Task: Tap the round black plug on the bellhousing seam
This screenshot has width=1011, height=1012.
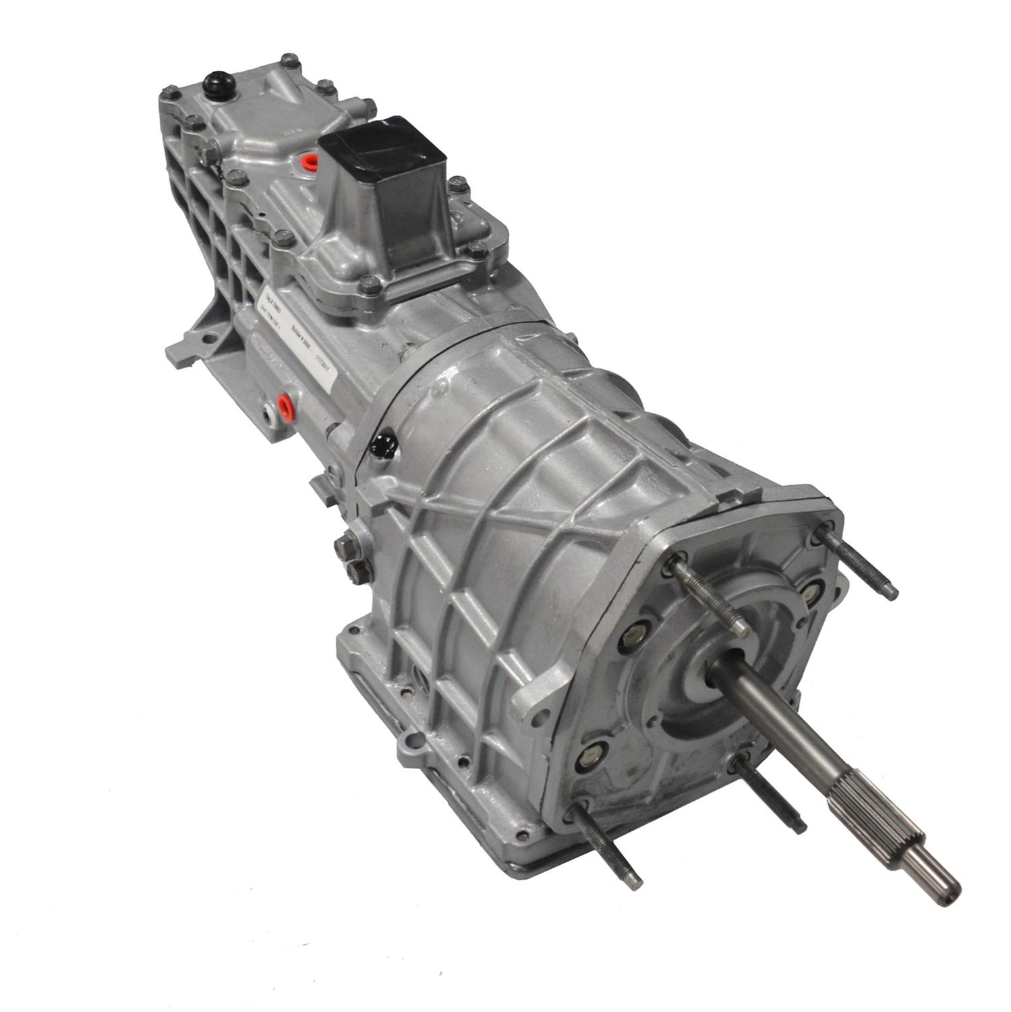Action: (384, 444)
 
